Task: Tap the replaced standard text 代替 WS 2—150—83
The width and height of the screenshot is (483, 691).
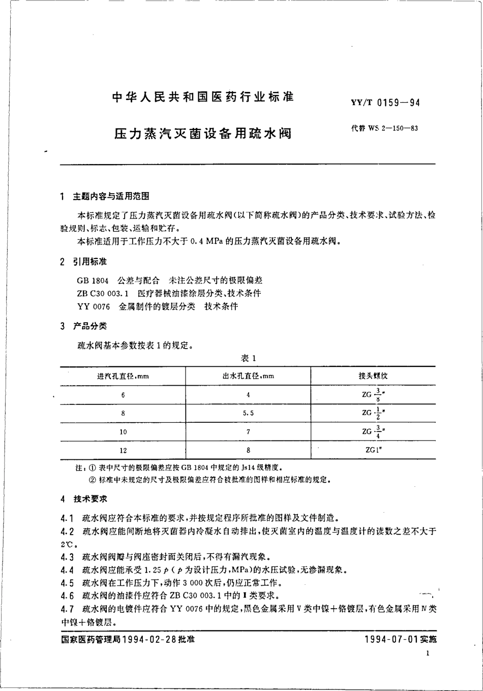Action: click(384, 128)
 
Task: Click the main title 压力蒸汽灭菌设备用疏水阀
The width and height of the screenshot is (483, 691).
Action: click(202, 134)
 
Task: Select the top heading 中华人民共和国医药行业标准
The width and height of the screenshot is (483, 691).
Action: click(203, 97)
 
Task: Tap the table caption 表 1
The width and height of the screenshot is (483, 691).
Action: click(248, 358)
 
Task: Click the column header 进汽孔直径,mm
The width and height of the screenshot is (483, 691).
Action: click(123, 376)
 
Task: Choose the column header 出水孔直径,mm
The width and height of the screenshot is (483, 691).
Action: click(248, 376)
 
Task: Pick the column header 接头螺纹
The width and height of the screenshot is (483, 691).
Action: click(373, 376)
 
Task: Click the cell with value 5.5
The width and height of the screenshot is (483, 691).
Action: click(248, 413)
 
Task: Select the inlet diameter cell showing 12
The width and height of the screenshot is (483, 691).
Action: click(123, 450)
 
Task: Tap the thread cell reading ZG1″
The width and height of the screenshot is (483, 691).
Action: click(373, 450)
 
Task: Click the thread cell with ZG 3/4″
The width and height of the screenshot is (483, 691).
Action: click(373, 431)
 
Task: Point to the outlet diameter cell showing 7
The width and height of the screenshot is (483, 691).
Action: click(248, 432)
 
